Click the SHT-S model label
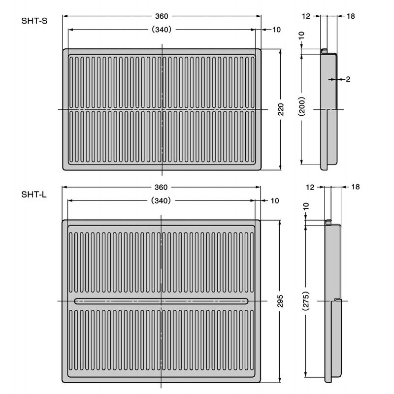click(x=34, y=21)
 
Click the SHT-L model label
click(x=34, y=195)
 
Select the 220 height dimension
click(x=281, y=109)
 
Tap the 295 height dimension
click(x=280, y=301)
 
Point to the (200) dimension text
click(x=302, y=106)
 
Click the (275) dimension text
click(x=306, y=301)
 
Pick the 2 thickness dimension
click(x=348, y=79)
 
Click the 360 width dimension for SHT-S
click(x=162, y=16)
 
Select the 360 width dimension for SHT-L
click(x=161, y=188)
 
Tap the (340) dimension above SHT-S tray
click(x=162, y=30)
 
